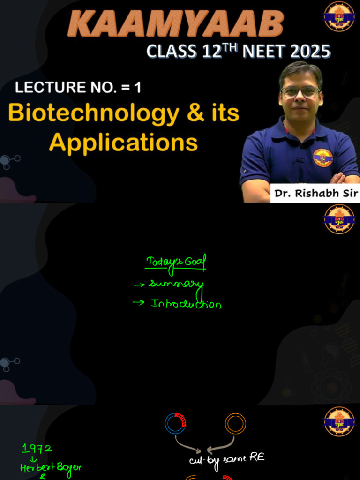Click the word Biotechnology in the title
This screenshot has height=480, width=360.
coord(94,113)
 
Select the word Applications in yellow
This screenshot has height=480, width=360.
coord(123,142)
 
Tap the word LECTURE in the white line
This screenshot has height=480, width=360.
coord(43,88)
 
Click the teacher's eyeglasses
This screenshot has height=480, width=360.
coord(300,92)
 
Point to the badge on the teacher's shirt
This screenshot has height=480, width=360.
coord(322,157)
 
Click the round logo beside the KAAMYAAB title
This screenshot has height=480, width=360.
coord(339,16)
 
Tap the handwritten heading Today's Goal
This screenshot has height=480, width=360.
coord(176,262)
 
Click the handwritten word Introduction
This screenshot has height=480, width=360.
coord(186,304)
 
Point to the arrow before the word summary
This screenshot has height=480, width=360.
coord(139,284)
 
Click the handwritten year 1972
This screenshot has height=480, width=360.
coord(37,449)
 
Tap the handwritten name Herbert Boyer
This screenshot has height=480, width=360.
coord(51,467)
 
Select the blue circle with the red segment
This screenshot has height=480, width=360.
coord(175,423)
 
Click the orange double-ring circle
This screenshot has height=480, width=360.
coord(235,423)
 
